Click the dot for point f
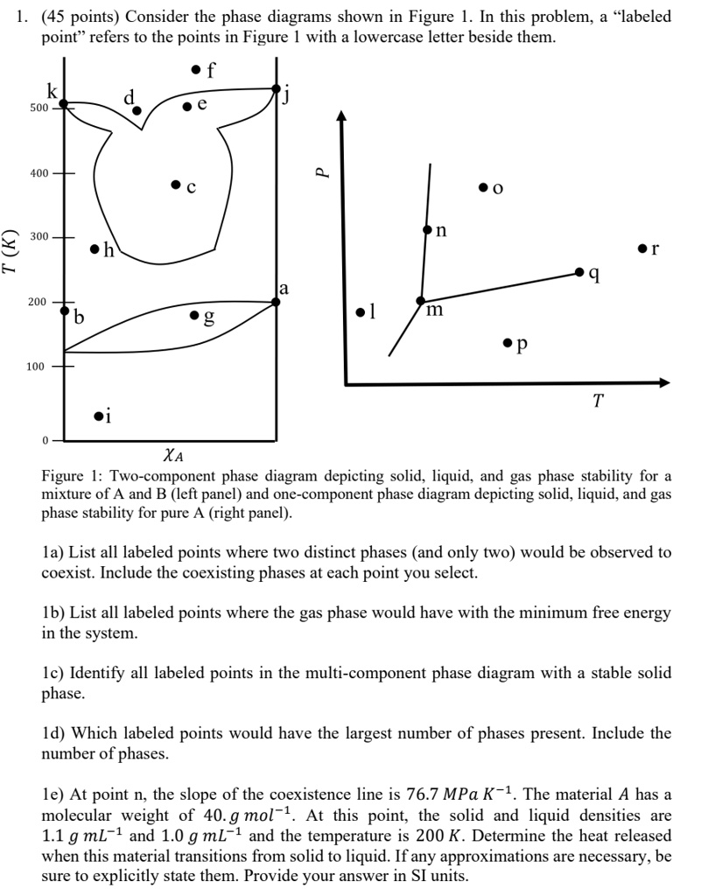tap(195, 69)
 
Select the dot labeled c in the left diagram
tap(176, 185)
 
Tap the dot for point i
tap(97, 416)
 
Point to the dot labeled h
tap(95, 248)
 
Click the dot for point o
tap(483, 187)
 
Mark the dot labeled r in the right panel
tap(643, 248)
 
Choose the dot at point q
tap(579, 273)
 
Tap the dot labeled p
tap(508, 342)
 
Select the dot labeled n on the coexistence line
tap(427, 230)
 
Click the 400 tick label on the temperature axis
tap(39, 173)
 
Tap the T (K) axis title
tap(11, 251)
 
